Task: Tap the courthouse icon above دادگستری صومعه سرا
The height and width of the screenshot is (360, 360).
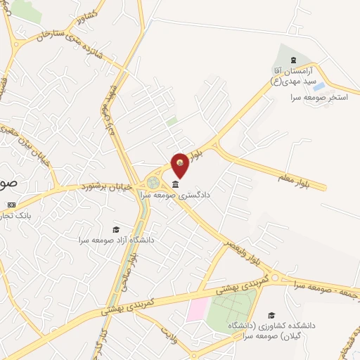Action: point(175,184)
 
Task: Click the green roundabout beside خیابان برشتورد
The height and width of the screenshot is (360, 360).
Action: point(153,183)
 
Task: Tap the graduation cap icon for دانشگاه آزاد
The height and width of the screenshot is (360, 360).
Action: point(115,230)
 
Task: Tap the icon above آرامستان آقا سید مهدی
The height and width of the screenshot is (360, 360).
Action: point(294,59)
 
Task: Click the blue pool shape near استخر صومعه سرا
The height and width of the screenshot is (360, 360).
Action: point(318,88)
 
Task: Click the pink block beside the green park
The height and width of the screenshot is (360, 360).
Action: point(198,310)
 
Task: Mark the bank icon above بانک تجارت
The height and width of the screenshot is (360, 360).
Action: point(11,205)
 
